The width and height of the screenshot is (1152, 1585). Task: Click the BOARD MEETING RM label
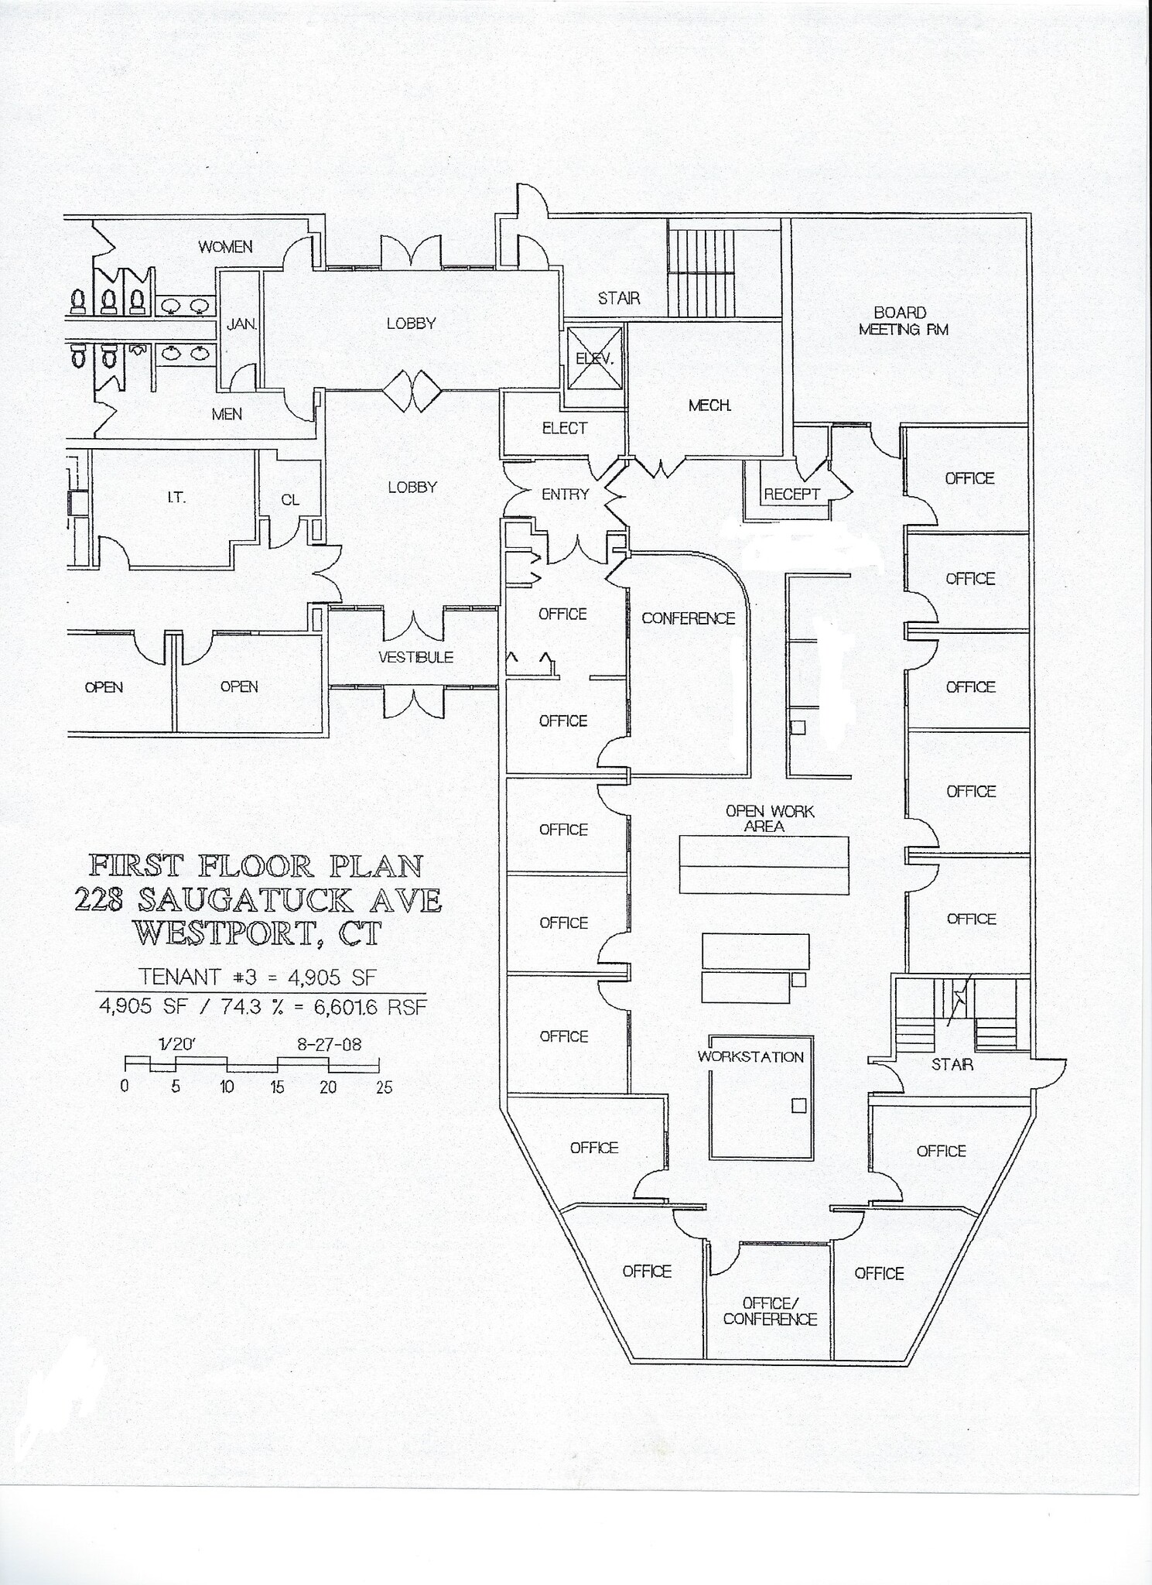coord(903,321)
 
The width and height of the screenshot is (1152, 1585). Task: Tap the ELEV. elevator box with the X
coord(594,358)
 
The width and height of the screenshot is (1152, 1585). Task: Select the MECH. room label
coord(709,405)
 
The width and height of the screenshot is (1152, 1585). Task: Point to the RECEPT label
coord(791,495)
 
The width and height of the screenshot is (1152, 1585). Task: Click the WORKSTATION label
coord(750,1057)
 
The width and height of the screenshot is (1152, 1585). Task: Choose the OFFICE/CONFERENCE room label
coord(770,1311)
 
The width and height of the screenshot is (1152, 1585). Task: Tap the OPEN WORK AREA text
coord(769,819)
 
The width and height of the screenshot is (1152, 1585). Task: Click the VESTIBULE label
coord(415,657)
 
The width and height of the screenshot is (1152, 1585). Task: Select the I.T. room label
coord(176,498)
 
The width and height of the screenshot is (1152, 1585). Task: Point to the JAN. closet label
coord(241,325)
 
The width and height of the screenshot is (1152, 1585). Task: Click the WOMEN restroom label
coord(225,247)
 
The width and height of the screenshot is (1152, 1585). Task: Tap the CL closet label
coord(290,500)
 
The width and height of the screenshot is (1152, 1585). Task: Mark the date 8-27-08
coord(329,1044)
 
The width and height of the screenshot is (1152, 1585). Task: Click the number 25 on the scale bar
coord(384,1087)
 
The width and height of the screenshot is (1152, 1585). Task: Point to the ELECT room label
coord(564,428)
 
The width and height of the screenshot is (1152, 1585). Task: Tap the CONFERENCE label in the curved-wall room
coord(688,618)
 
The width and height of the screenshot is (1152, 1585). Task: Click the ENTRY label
coord(565,495)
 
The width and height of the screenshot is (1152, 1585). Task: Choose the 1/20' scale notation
coord(177,1044)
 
